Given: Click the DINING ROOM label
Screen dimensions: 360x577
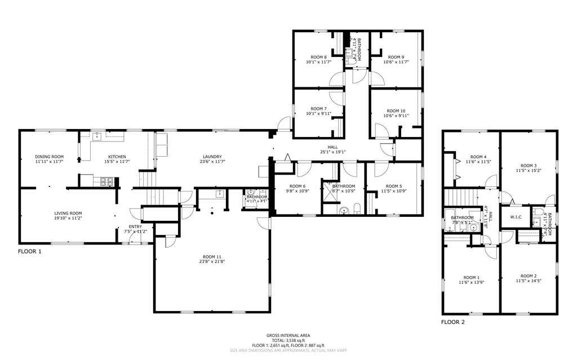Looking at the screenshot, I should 49,157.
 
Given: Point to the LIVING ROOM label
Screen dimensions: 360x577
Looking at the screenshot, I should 68,214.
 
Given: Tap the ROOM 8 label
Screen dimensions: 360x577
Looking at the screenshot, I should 318,57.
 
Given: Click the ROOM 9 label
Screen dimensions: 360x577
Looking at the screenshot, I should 395,57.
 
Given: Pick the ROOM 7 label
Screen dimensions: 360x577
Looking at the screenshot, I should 318,109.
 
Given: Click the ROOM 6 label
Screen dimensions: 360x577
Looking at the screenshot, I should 298,186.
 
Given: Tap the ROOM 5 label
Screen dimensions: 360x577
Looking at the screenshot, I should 393,186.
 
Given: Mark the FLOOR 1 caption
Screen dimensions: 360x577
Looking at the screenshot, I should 30,251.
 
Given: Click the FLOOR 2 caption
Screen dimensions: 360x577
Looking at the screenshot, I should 453,323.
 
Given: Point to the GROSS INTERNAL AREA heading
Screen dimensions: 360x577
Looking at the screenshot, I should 288,335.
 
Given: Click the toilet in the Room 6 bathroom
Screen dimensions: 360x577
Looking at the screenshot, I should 357,210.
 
